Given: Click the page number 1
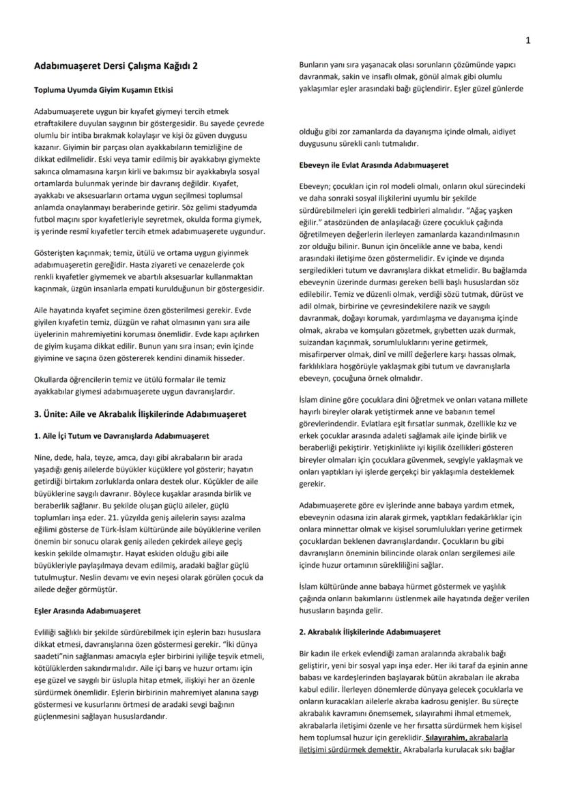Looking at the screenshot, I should pyautogui.click(x=528, y=40).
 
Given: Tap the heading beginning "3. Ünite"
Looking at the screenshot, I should pyautogui.click(x=140, y=413).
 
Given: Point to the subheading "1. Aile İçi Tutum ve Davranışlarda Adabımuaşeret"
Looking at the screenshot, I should pyautogui.click(x=121, y=435).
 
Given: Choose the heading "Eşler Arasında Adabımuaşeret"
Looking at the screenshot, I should pyautogui.click(x=87, y=611).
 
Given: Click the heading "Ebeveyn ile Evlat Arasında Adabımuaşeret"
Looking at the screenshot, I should pyautogui.click(x=373, y=165).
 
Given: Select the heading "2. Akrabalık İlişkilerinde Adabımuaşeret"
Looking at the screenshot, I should pyautogui.click(x=370, y=632).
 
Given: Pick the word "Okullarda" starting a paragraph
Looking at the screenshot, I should pyautogui.click(x=53, y=379).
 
